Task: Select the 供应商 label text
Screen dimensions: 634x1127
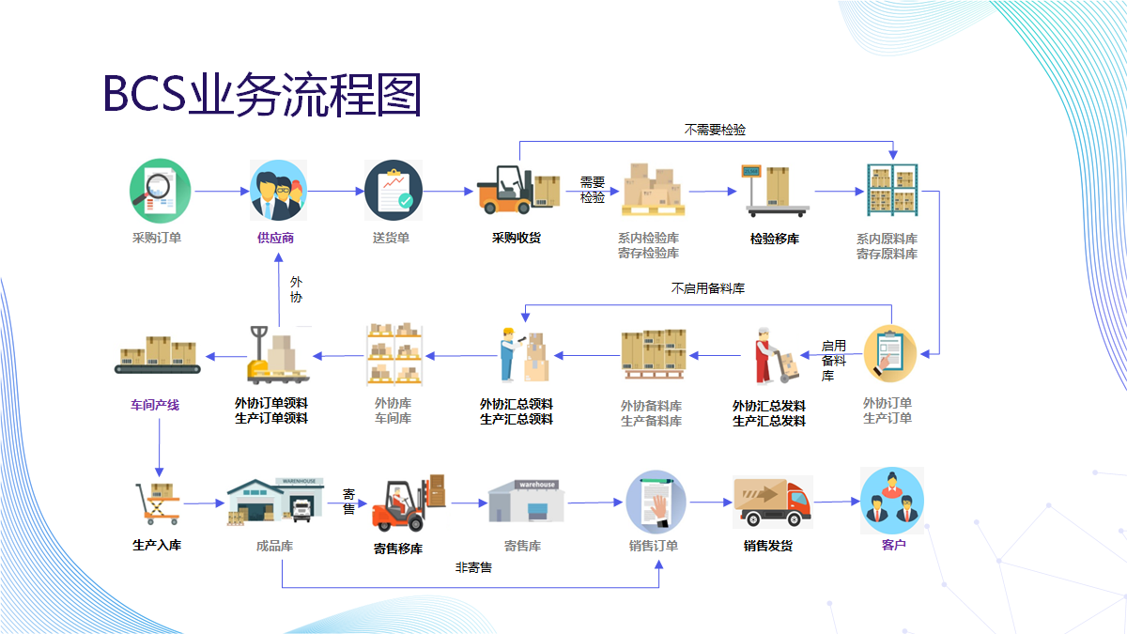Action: [x=276, y=238]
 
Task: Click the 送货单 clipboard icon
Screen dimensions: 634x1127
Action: [x=393, y=190]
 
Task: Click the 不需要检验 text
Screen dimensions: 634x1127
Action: [x=715, y=130]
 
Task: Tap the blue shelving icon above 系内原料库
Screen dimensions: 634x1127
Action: [x=891, y=190]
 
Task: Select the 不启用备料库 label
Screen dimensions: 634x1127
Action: [x=708, y=289]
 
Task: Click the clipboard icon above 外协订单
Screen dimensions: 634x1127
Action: [x=888, y=353]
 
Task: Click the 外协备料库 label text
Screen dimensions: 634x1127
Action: [x=651, y=406]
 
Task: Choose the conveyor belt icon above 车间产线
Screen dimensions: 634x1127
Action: [x=160, y=355]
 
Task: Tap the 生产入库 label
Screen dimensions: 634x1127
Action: [x=157, y=545]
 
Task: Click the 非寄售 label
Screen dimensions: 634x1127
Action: [x=473, y=568]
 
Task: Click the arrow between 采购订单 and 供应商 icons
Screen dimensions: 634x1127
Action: [x=220, y=191]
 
